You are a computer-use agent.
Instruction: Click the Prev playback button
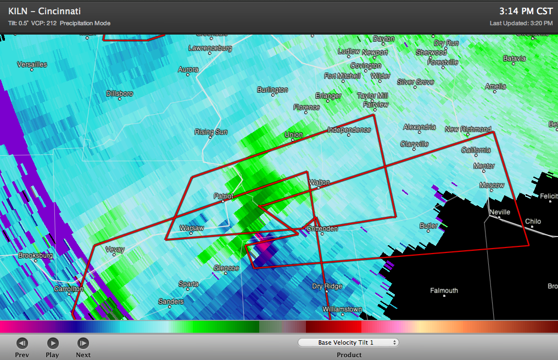[22, 344]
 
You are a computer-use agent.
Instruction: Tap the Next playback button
[83, 344]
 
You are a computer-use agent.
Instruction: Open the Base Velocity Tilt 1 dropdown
[349, 342]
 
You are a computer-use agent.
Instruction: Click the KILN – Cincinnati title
[44, 11]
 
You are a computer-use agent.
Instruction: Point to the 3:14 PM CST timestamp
[526, 10]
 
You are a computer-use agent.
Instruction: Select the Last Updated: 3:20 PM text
[521, 23]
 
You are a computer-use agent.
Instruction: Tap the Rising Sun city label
[211, 132]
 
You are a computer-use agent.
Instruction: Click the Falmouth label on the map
[444, 291]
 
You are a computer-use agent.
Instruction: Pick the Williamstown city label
[342, 310]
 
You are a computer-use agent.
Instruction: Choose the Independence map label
[349, 130]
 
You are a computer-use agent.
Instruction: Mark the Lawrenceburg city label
[210, 48]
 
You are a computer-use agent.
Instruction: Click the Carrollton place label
[68, 289]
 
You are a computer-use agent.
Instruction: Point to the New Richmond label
[468, 130]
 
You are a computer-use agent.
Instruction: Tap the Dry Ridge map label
[327, 286]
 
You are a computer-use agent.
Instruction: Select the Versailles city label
[32, 65]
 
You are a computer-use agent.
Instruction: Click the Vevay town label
[115, 250]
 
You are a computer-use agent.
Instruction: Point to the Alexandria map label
[420, 127]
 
